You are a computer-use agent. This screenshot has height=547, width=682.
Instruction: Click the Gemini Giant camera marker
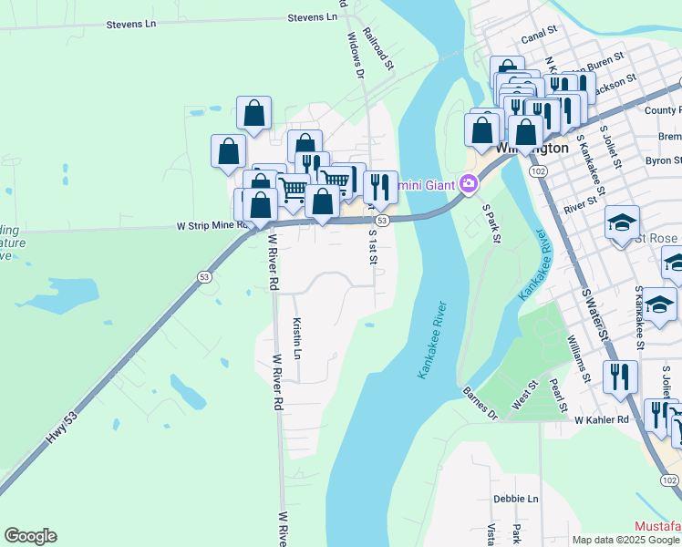click(x=469, y=184)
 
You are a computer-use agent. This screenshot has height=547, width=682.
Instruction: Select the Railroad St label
click(x=377, y=49)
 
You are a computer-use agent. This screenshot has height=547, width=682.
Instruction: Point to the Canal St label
click(x=538, y=39)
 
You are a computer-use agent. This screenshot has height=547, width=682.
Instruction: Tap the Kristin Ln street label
click(x=296, y=336)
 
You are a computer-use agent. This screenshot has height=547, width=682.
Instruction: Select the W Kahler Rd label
click(x=602, y=419)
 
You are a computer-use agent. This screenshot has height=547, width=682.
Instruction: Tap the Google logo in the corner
click(x=30, y=536)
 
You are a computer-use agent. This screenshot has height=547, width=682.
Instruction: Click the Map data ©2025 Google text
click(x=625, y=540)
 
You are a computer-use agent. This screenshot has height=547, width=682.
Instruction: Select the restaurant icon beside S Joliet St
click(x=622, y=376)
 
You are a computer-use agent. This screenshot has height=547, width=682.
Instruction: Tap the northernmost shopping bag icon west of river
click(x=253, y=113)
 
